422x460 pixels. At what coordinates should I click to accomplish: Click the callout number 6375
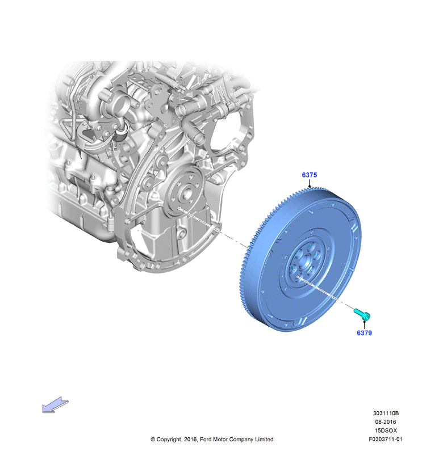[309, 175]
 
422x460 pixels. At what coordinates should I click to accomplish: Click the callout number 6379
[364, 333]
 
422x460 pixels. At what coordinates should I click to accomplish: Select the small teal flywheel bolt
[362, 314]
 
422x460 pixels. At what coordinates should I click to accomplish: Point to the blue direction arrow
[55, 405]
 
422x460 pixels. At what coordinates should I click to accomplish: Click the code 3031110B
[386, 413]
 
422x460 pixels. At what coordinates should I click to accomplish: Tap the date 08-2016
[385, 422]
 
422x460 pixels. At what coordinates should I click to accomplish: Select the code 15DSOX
[386, 431]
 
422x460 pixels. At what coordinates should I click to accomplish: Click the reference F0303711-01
[386, 439]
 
